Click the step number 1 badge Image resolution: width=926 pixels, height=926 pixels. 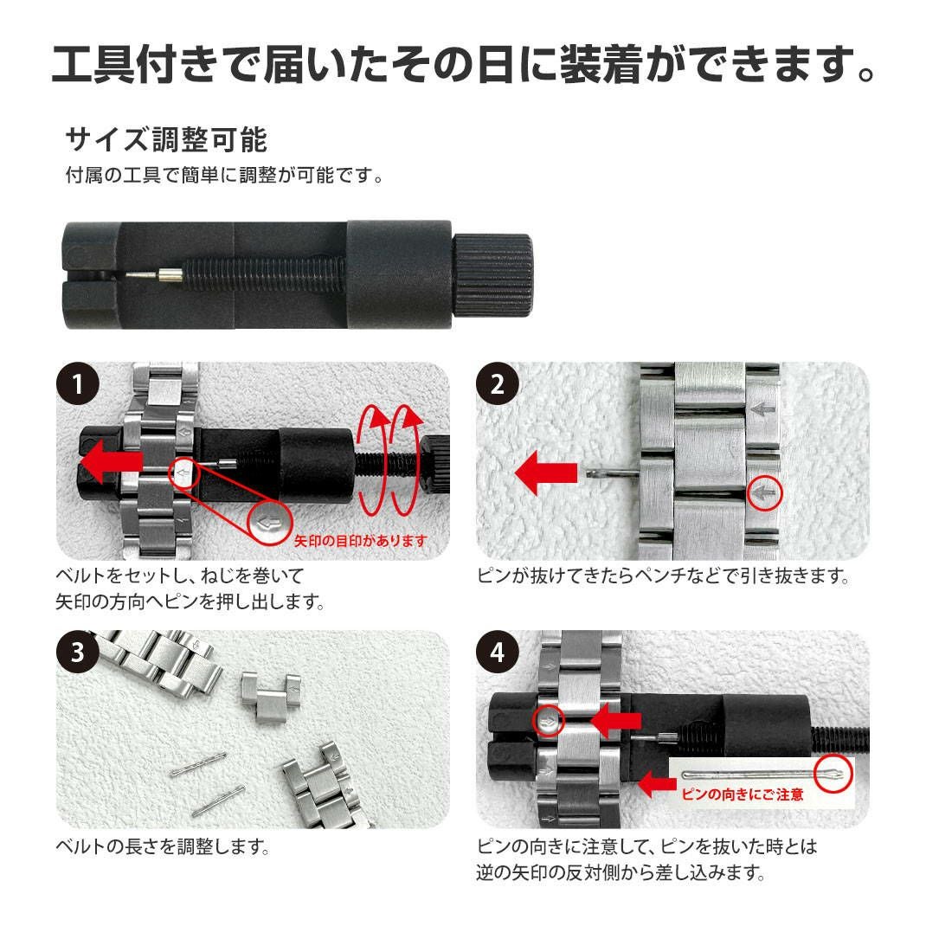point(77,384)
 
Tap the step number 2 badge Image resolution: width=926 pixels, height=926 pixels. point(498,384)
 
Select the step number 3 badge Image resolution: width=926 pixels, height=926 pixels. point(77,652)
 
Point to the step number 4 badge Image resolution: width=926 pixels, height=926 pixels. point(498,652)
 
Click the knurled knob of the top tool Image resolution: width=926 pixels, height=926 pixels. point(492,274)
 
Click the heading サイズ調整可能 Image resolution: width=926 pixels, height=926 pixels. point(166,140)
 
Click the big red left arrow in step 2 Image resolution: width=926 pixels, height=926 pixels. point(546,473)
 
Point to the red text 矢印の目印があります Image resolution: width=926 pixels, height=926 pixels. point(360,540)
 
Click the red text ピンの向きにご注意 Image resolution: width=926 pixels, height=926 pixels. point(743,794)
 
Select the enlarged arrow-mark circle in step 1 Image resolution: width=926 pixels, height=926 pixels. point(269,522)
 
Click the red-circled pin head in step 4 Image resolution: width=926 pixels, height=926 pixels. point(833,773)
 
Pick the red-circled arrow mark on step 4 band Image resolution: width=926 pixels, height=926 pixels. point(549,721)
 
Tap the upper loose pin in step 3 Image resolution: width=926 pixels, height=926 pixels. point(198,764)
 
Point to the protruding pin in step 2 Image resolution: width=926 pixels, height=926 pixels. point(613,473)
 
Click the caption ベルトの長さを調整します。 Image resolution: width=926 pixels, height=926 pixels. point(163,847)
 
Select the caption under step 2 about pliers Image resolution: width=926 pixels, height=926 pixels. point(664,576)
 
